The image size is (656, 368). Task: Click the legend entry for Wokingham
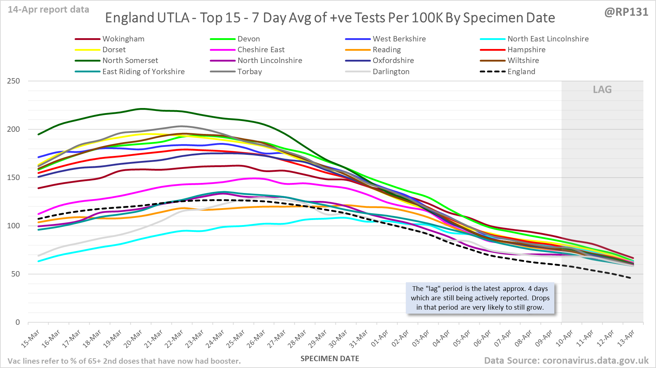pos(123,39)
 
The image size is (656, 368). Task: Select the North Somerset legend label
pos(130,60)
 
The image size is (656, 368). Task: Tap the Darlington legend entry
pos(391,72)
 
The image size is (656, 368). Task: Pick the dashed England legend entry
pos(521,72)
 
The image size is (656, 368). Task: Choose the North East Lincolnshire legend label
pos(548,39)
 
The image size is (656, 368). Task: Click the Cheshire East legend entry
pos(261,50)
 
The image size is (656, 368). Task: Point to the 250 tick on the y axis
pos(14,81)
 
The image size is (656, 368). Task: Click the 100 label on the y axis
pos(14,226)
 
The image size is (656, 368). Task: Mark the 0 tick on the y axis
pos(17,322)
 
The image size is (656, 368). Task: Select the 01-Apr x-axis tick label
pos(380,338)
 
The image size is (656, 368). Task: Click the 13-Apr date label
pos(626,338)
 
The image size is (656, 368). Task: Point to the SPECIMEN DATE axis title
pos(330,359)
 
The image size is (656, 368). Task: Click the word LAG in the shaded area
pos(602,90)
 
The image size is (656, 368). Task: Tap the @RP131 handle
pos(626,12)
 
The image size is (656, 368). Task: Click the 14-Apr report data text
pos(49,10)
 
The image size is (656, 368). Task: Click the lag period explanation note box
pos(480,298)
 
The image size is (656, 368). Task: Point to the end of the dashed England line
pos(630,278)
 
